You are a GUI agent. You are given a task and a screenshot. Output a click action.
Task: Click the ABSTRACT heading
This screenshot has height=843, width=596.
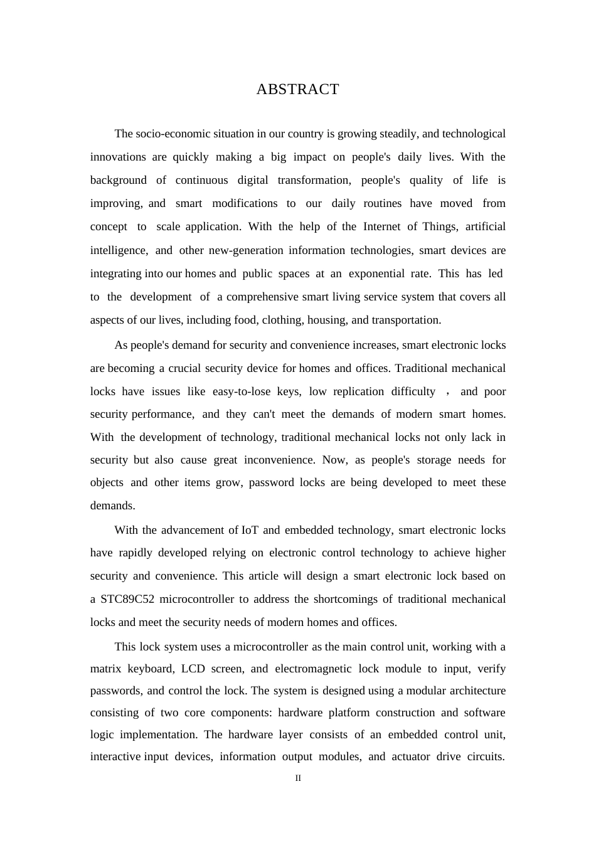coord(297,89)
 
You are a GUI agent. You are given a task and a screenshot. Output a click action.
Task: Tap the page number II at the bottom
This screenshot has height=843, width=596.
coord(298,778)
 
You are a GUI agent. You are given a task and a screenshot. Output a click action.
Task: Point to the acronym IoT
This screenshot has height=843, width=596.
coord(250,530)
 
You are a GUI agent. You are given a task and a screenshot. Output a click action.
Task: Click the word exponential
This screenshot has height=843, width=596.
coord(376,273)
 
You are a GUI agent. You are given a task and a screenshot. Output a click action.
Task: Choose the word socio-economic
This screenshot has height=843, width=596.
coord(165,134)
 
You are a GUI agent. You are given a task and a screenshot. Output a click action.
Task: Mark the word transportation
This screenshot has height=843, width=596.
coord(406,320)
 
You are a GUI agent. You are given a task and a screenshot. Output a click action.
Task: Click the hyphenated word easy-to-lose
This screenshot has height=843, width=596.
coord(241,391)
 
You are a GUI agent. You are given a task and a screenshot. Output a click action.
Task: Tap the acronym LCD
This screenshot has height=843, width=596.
coord(193,669)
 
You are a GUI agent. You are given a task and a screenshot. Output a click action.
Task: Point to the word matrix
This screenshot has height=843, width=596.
coord(105,669)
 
